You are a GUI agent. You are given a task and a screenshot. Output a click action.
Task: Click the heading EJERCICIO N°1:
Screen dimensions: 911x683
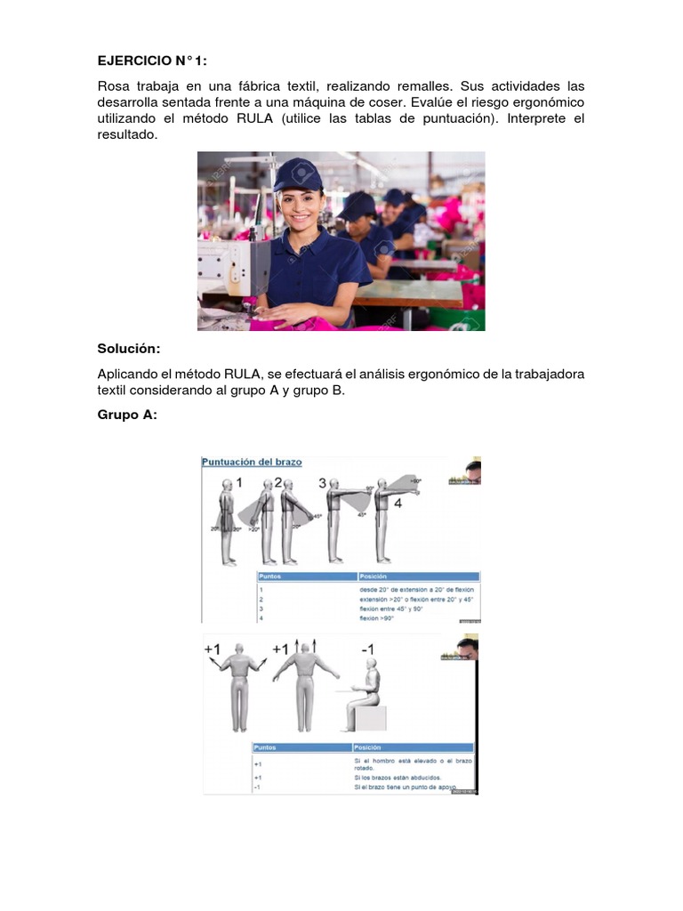[151, 61]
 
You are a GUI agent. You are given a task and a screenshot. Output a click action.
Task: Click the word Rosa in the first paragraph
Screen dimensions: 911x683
[115, 86]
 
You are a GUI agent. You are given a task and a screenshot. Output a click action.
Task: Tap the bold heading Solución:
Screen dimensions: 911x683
[131, 348]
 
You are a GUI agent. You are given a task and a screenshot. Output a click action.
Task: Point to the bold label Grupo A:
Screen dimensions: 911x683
[127, 414]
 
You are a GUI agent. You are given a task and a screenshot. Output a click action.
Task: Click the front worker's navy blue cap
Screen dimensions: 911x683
[297, 174]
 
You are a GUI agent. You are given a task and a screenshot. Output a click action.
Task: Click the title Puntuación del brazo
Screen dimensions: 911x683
[252, 463]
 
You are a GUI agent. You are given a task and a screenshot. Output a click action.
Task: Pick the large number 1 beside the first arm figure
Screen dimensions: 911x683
[238, 483]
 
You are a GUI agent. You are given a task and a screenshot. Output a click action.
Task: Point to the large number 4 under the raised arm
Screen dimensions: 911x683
[398, 504]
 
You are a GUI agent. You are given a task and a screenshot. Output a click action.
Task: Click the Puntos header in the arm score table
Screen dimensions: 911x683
[270, 576]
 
